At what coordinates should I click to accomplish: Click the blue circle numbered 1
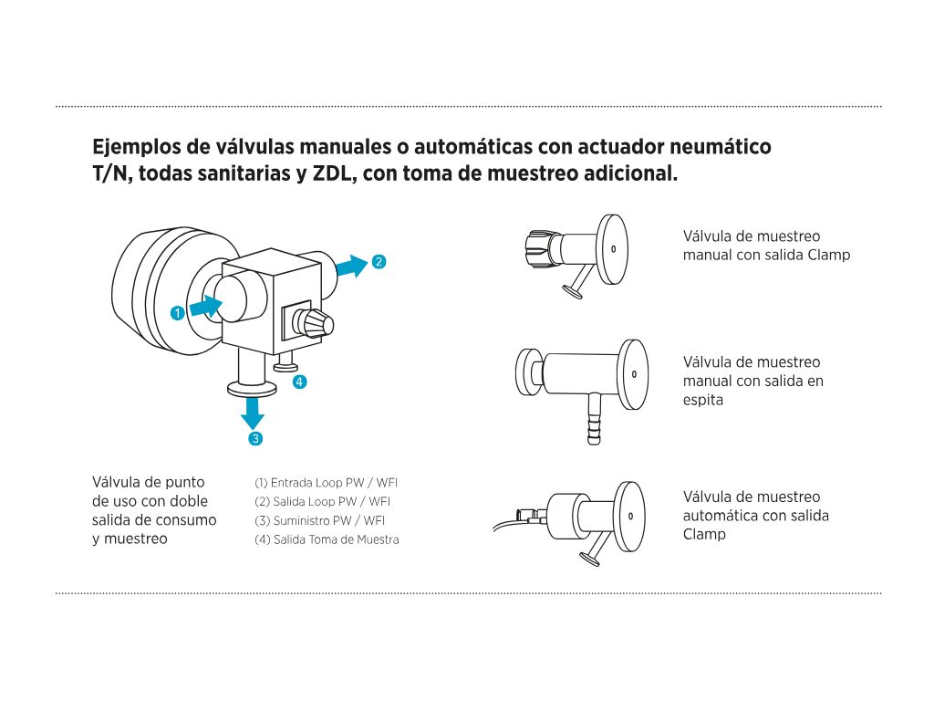coord(177,312)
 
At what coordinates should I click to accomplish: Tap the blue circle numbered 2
coord(379,262)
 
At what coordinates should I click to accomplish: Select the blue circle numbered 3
coord(255,438)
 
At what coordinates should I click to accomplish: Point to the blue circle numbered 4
coord(298,382)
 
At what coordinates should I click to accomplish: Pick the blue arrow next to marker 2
coord(350,266)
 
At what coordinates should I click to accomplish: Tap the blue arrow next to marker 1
coord(205,307)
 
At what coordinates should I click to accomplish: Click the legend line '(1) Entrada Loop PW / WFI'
coord(326,482)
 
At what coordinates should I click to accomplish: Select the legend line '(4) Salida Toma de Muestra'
coord(327,539)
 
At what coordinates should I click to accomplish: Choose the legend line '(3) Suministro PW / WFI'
coord(319,520)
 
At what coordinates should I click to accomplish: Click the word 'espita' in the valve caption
coord(702,400)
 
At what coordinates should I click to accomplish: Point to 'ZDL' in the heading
coord(333,173)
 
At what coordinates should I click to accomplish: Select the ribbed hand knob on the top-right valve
coord(536,246)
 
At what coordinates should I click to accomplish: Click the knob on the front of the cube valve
coord(315,324)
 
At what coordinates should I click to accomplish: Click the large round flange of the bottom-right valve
coord(629,515)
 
